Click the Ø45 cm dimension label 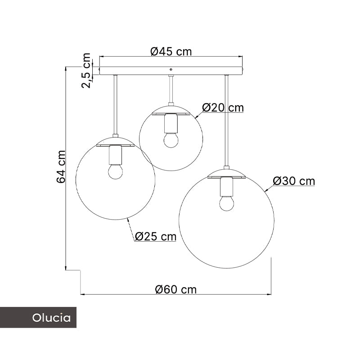pyautogui.click(x=171, y=51)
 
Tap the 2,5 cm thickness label pyautogui.click(x=86, y=71)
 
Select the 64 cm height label pyautogui.click(x=61, y=166)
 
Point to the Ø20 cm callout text pyautogui.click(x=223, y=108)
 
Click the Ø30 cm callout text pyautogui.click(x=294, y=181)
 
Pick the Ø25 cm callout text pyautogui.click(x=156, y=236)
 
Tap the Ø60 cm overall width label pyautogui.click(x=176, y=289)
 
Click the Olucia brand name pyautogui.click(x=51, y=318)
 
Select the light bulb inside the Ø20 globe pyautogui.click(x=171, y=140)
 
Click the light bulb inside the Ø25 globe pyautogui.click(x=116, y=171)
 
